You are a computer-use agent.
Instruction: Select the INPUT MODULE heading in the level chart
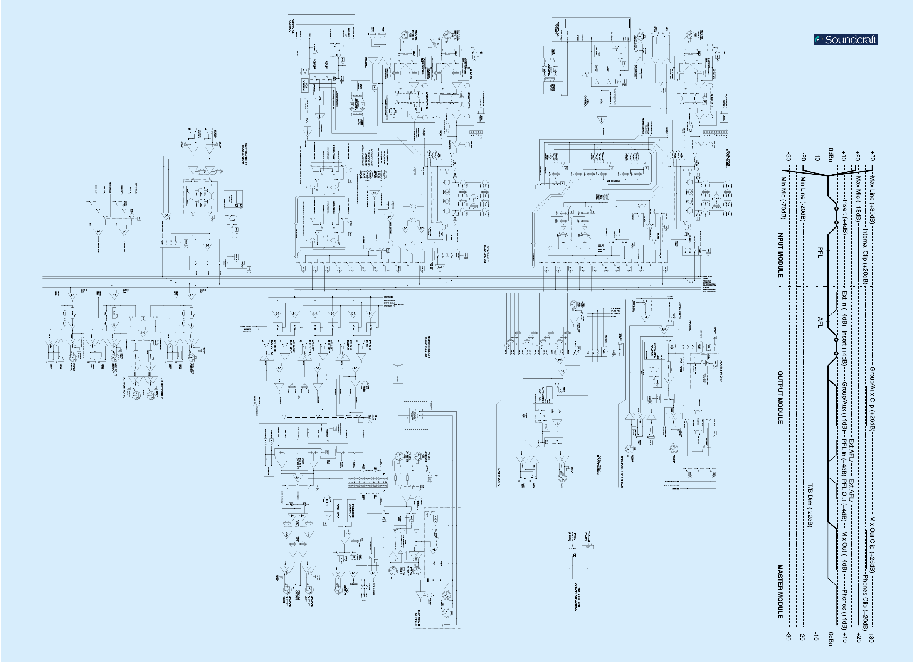tap(780, 254)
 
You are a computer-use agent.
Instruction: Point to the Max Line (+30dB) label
tap(872, 200)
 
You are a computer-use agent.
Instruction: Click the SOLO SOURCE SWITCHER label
tap(300, 465)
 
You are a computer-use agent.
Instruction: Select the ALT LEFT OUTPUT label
tap(161, 388)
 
